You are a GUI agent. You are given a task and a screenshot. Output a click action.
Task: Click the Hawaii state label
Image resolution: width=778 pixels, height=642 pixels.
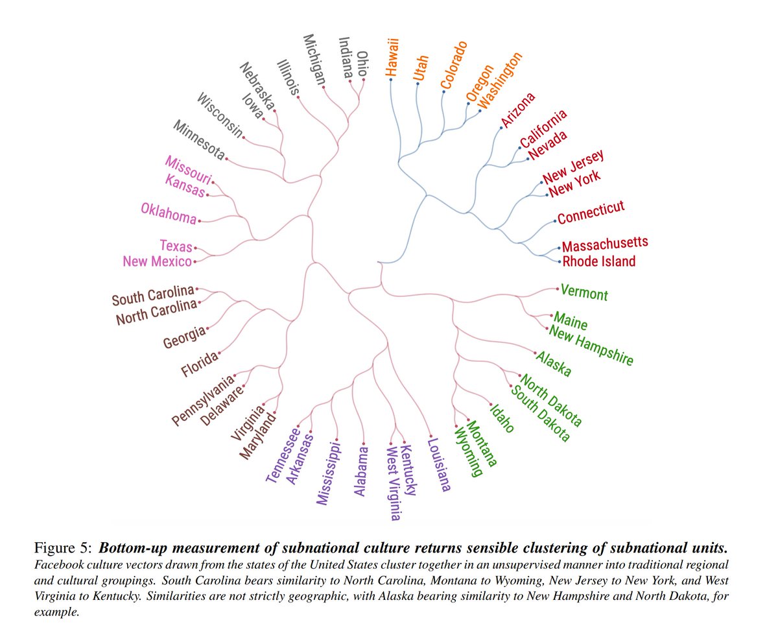[x=391, y=56]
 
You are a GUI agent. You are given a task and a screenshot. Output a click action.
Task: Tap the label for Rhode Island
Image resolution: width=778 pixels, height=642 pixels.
[x=598, y=261]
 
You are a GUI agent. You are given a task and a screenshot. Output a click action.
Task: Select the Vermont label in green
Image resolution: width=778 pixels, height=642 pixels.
[x=584, y=292]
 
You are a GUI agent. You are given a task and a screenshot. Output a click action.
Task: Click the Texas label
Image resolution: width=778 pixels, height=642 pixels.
[x=176, y=246]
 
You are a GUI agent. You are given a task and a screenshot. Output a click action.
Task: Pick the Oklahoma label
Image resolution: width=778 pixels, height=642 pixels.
[x=168, y=213]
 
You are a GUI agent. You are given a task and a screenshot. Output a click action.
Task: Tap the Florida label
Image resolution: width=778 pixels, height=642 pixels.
[x=200, y=362]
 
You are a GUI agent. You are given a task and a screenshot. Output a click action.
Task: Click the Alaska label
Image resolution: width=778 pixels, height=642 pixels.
[x=553, y=365]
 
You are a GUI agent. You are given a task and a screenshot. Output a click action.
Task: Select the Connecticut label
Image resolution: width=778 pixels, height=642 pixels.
[x=591, y=212]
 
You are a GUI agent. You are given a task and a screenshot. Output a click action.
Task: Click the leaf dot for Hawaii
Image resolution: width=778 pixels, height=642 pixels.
[x=390, y=79]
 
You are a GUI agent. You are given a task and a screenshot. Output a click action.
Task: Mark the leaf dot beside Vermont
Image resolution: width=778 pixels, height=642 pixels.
[x=557, y=289]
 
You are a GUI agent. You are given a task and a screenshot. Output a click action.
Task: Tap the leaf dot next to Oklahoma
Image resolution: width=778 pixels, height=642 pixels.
[x=199, y=221]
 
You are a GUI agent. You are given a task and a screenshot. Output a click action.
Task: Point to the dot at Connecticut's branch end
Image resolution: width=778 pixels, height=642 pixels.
[x=556, y=221]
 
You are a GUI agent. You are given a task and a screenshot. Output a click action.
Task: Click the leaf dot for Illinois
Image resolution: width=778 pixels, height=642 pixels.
[x=298, y=97]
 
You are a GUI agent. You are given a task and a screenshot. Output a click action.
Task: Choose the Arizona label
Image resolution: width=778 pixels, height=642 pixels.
[x=518, y=110]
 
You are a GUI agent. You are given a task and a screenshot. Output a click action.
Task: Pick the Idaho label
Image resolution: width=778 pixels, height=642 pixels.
[x=502, y=418]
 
